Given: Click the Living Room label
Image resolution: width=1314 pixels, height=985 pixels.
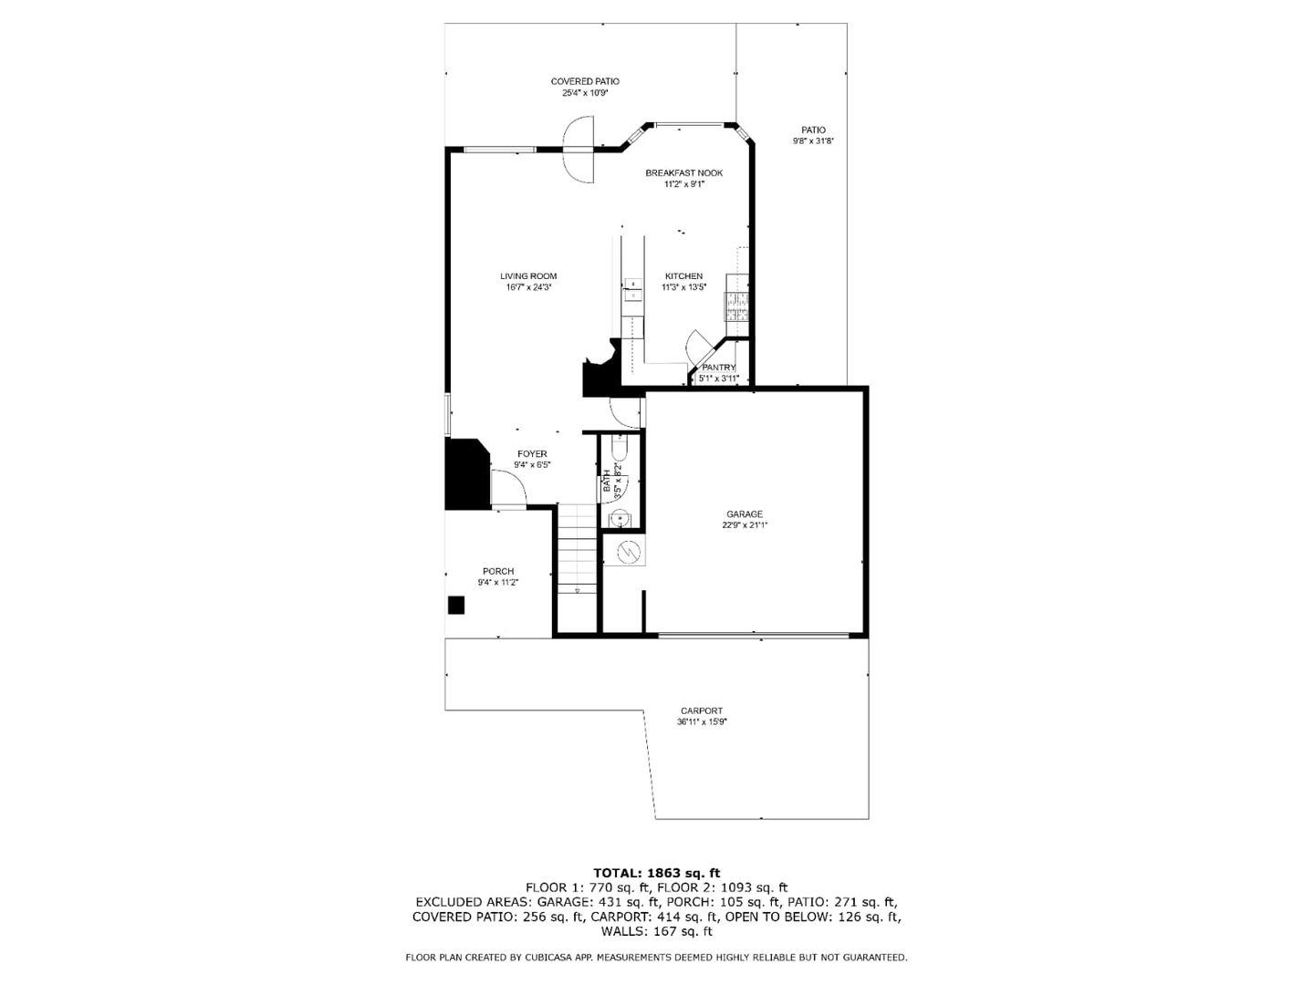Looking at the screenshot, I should point(527,276).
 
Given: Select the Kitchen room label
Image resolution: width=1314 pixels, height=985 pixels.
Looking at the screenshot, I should point(683,276).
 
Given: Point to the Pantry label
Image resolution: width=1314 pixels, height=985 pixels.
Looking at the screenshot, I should point(718,368).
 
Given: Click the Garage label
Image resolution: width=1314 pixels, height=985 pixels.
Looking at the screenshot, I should point(744,514).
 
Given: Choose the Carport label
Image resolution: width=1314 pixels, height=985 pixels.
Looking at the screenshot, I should point(701,711).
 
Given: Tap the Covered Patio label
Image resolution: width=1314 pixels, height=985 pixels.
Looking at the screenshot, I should point(584,81).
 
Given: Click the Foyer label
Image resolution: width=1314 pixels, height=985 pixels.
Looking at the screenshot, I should point(532,454).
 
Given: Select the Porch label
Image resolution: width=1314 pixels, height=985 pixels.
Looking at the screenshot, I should point(498,572).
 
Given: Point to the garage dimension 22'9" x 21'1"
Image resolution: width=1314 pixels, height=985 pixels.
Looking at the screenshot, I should point(744,525).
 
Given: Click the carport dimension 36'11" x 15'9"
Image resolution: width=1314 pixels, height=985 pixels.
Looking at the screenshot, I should point(701,722).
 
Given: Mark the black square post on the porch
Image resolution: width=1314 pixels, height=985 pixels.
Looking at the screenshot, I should point(456,605).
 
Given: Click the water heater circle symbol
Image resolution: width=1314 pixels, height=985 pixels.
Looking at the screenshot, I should point(628,551).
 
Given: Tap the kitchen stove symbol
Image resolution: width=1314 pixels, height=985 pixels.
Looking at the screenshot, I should point(735,305).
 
